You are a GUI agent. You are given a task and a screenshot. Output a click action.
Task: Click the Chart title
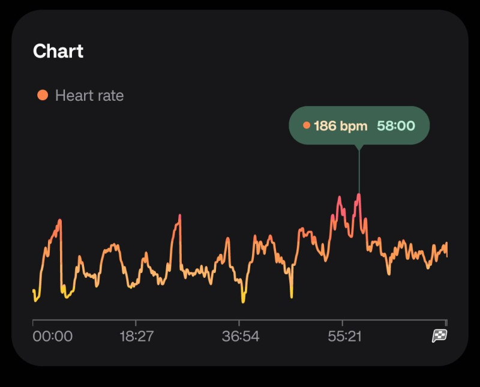[x=58, y=51]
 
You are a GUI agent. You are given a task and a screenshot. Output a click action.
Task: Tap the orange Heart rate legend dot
[x=42, y=95]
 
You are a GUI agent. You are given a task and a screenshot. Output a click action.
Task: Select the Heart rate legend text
[x=89, y=95]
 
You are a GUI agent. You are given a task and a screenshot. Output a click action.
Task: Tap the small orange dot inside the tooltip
[x=307, y=125]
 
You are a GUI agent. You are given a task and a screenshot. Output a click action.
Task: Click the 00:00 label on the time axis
[x=52, y=337]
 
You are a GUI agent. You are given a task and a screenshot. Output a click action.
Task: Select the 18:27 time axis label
[x=136, y=337]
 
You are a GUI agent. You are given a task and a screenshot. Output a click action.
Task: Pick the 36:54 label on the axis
[x=240, y=337]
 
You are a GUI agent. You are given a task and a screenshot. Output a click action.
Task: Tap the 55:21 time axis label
[x=344, y=337]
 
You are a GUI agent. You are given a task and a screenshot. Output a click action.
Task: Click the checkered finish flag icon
[x=439, y=336]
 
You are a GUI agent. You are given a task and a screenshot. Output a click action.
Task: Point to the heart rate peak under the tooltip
[x=359, y=195]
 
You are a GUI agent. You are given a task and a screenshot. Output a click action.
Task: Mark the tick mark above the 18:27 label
[x=136, y=323]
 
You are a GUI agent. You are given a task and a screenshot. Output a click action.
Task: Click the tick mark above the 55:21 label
[x=342, y=323]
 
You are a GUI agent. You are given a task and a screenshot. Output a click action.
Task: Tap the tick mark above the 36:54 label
[x=239, y=323]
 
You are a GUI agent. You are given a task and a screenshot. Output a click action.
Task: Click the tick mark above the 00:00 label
[x=33, y=323]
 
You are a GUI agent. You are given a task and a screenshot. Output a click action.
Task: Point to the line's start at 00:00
[x=33, y=291]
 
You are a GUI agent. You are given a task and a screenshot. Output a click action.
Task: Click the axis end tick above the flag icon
[x=446, y=323]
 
